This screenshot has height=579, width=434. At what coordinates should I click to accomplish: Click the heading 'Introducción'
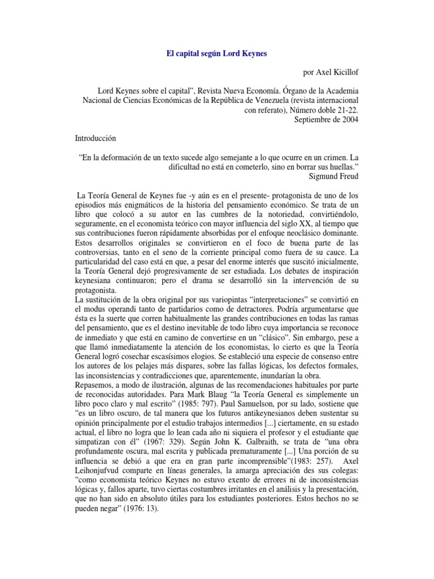point(99,138)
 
